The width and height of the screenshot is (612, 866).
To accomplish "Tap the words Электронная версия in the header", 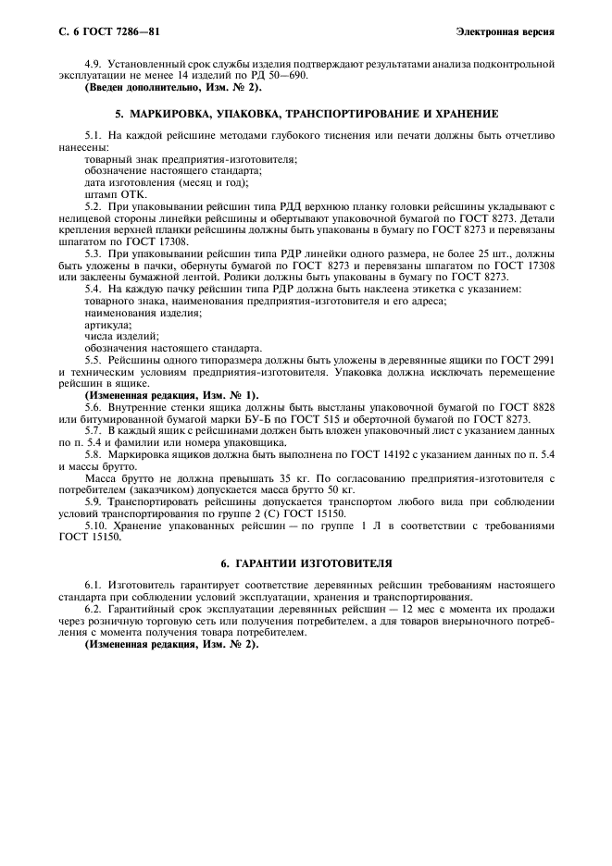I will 506,32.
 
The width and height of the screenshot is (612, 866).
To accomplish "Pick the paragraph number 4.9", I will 93,65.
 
